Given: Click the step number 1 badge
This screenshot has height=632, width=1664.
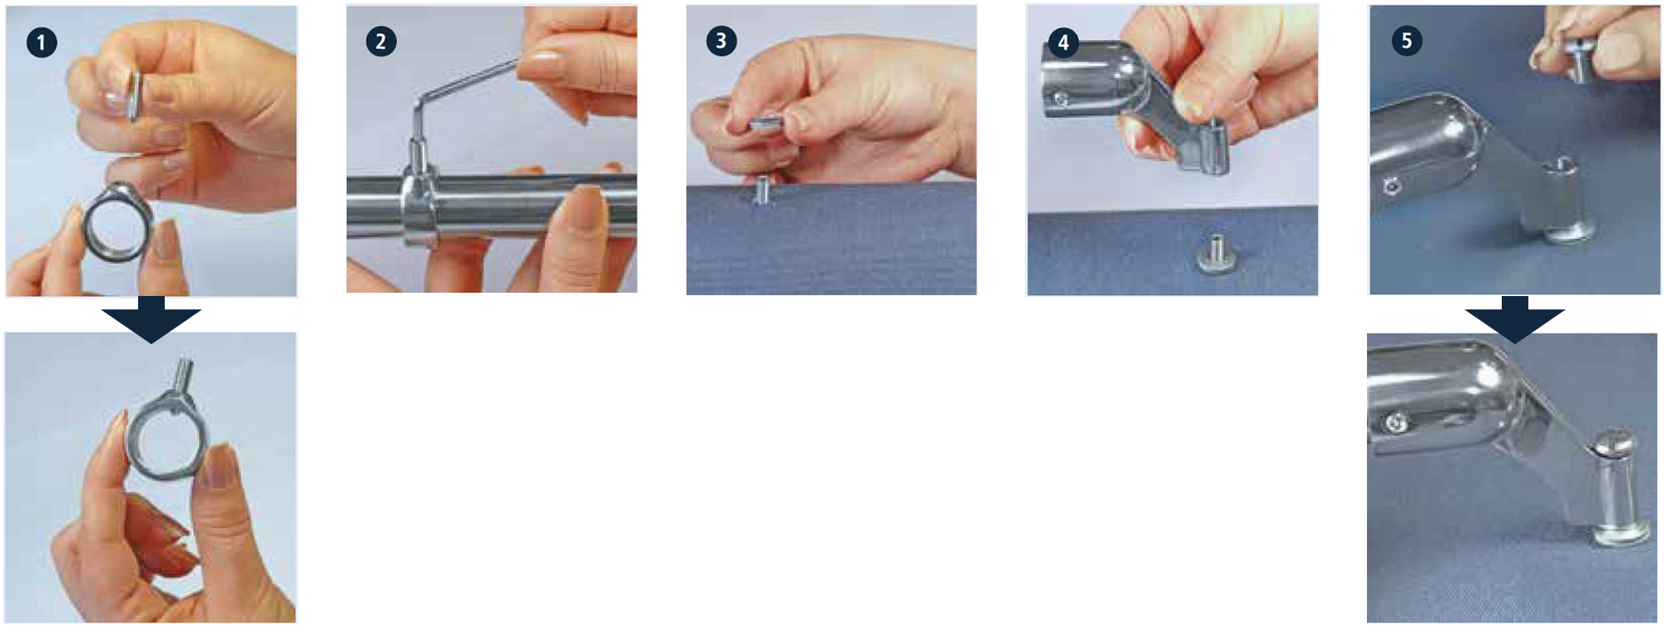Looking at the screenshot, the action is (42, 42).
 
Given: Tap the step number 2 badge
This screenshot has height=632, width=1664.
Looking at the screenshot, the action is (381, 42).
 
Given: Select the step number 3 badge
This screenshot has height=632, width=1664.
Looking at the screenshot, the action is (721, 41).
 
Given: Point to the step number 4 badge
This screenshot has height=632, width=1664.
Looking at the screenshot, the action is (1063, 42).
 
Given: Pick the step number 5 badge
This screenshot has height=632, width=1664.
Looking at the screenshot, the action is (1407, 41).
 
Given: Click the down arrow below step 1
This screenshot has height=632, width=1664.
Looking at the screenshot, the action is (151, 319).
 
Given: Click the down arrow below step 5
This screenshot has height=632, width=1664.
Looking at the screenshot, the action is (1515, 319).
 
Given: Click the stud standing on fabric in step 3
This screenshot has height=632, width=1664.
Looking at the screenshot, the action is (761, 190).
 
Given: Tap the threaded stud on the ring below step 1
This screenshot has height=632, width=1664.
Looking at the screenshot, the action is (182, 377).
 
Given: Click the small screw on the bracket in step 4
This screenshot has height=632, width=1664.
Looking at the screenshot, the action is (1061, 100).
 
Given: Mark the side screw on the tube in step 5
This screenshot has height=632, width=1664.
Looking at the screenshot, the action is (1391, 186).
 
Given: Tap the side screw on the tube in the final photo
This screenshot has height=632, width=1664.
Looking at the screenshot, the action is (1394, 424).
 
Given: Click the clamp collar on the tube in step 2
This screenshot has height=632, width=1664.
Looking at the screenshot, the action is (418, 208).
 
